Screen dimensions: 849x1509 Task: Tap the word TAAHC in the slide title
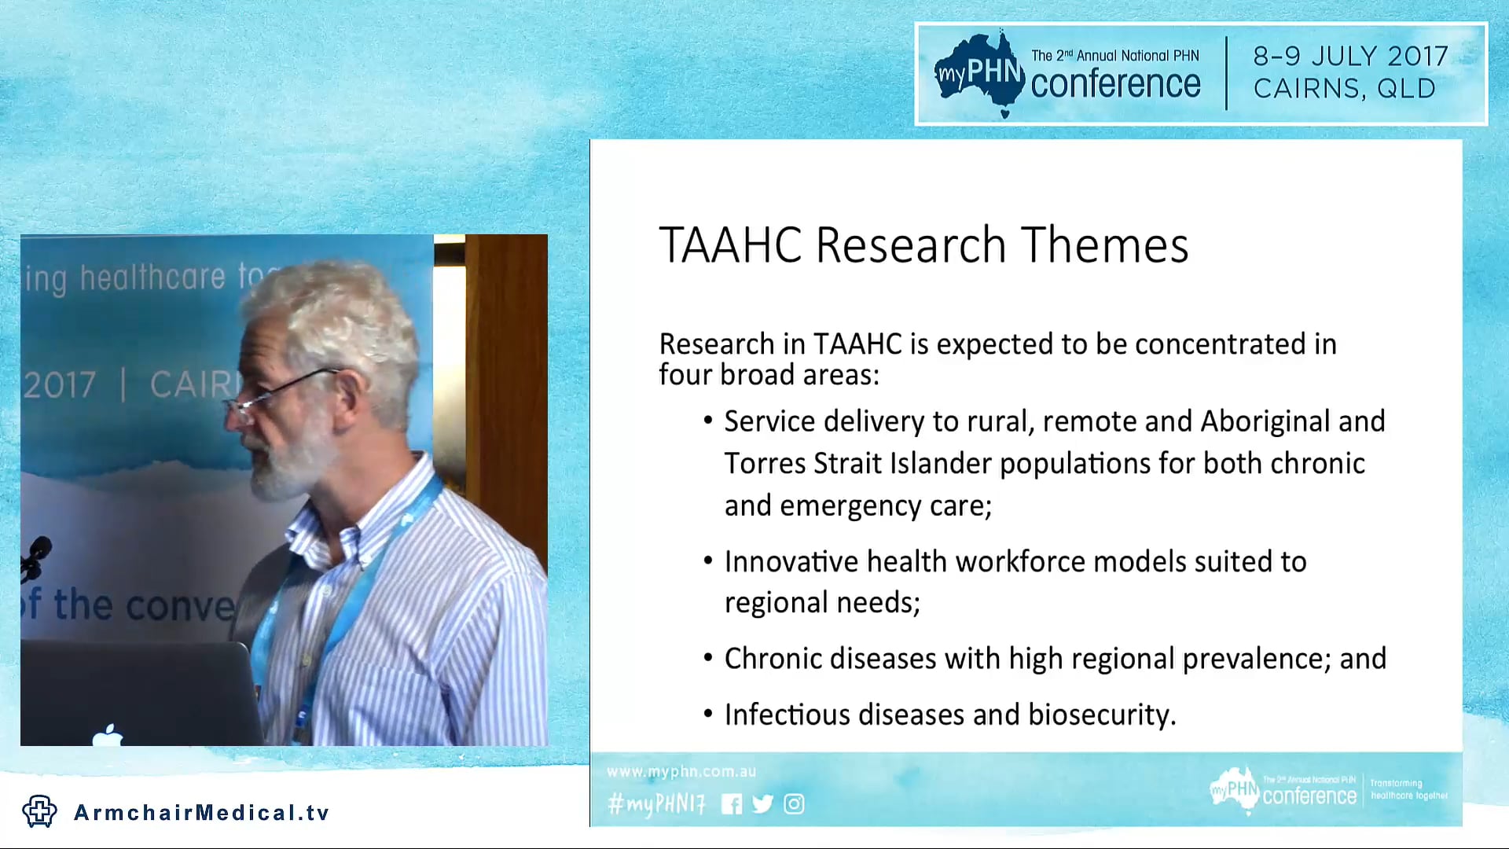click(729, 244)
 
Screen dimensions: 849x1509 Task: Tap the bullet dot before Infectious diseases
click(708, 714)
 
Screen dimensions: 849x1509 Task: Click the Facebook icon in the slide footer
click(731, 803)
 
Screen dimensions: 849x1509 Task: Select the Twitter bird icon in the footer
click(762, 803)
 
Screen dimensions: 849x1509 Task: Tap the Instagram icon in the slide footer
click(794, 803)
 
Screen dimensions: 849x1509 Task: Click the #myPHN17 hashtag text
click(656, 803)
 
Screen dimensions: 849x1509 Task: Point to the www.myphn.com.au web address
click(681, 772)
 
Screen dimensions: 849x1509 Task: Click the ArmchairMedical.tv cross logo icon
click(39, 811)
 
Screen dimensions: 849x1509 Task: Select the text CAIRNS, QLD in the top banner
click(1344, 88)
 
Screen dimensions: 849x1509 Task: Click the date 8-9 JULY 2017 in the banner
click(1350, 56)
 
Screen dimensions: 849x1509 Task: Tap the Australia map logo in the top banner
click(978, 72)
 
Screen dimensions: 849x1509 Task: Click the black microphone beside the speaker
click(36, 555)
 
